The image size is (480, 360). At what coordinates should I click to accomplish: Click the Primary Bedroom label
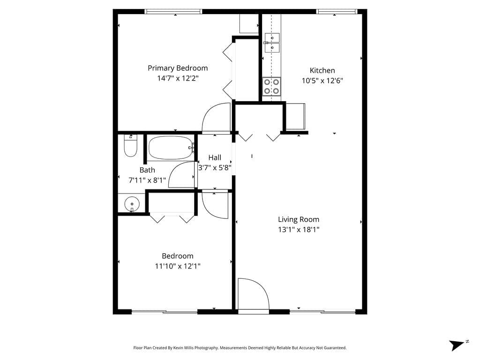click(178, 68)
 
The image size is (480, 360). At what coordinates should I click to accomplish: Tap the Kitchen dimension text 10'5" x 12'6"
click(322, 81)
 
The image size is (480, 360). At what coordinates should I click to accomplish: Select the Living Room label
click(299, 219)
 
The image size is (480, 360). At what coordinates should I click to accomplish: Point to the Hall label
click(215, 157)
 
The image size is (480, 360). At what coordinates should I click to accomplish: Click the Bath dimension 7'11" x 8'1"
click(147, 180)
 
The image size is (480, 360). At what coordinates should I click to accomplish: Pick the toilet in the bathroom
click(130, 146)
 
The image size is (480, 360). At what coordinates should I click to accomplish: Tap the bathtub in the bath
click(171, 148)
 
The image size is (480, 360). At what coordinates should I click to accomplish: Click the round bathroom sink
click(132, 204)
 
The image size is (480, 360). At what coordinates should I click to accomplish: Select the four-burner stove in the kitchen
click(271, 87)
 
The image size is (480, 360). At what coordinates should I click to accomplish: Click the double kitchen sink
click(272, 43)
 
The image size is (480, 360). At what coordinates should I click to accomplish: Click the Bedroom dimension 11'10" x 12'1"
click(178, 266)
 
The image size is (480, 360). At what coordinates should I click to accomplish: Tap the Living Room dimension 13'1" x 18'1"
click(299, 230)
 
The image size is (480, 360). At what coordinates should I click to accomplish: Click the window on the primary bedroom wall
click(173, 12)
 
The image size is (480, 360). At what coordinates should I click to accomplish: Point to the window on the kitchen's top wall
click(337, 12)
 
